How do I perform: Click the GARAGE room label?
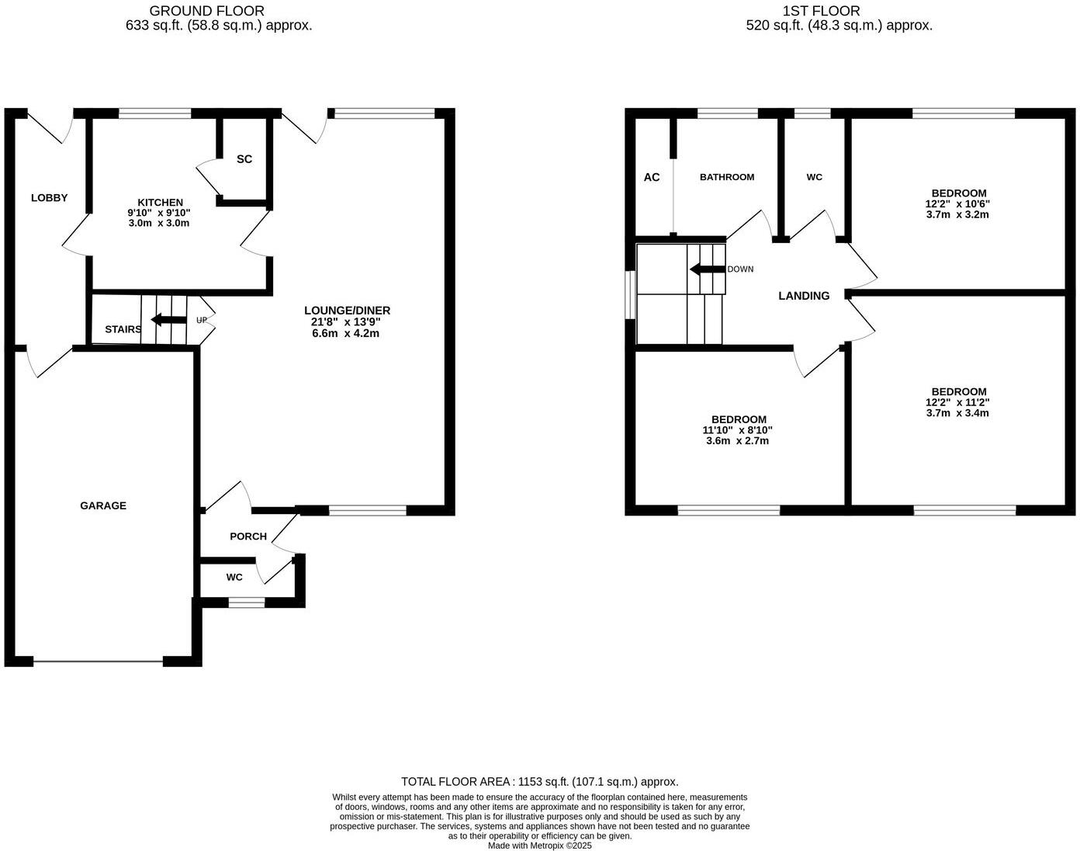[103, 505]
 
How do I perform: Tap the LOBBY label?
[49, 198]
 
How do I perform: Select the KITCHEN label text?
[160, 202]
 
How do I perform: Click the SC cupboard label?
[244, 159]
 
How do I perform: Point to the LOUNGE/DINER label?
[347, 311]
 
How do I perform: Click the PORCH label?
[248, 537]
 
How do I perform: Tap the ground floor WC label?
[234, 577]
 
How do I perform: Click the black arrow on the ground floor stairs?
[168, 320]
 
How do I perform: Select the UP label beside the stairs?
[202, 320]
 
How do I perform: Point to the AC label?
[652, 177]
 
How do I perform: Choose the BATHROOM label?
[727, 177]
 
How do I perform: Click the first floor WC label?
[814, 177]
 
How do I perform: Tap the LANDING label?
[804, 296]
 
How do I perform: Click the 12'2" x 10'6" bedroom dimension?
[957, 204]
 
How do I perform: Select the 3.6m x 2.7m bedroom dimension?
[737, 441]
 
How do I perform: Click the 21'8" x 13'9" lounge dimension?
[347, 322]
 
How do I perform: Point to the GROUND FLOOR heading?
[206, 11]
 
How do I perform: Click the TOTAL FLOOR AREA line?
[539, 782]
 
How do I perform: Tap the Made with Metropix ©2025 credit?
[539, 846]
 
